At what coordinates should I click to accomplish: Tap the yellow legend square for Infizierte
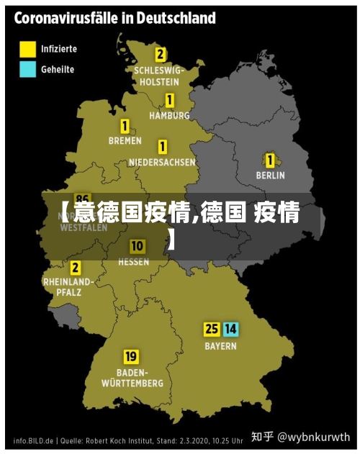tap(27, 50)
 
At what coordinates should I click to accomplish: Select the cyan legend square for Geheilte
tap(27, 69)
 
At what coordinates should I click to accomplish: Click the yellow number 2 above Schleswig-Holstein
tap(160, 54)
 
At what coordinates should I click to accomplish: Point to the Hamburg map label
tap(169, 115)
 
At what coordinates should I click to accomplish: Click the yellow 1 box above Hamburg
tap(170, 100)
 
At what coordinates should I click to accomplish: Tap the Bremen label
tap(125, 141)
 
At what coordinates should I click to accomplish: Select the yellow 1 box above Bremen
tap(125, 126)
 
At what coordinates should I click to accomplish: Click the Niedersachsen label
tap(162, 163)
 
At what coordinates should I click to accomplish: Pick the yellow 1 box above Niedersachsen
tap(163, 147)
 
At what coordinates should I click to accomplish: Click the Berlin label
tap(271, 175)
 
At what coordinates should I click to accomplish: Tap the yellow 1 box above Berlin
tap(270, 160)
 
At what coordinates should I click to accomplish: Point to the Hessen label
tap(134, 262)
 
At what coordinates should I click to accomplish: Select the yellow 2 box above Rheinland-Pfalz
tap(75, 268)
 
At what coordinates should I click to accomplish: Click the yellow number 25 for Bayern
tap(212, 330)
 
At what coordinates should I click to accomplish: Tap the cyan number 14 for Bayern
tap(230, 330)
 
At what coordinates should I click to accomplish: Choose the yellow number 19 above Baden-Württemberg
tap(131, 356)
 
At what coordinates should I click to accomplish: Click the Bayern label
tap(220, 346)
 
